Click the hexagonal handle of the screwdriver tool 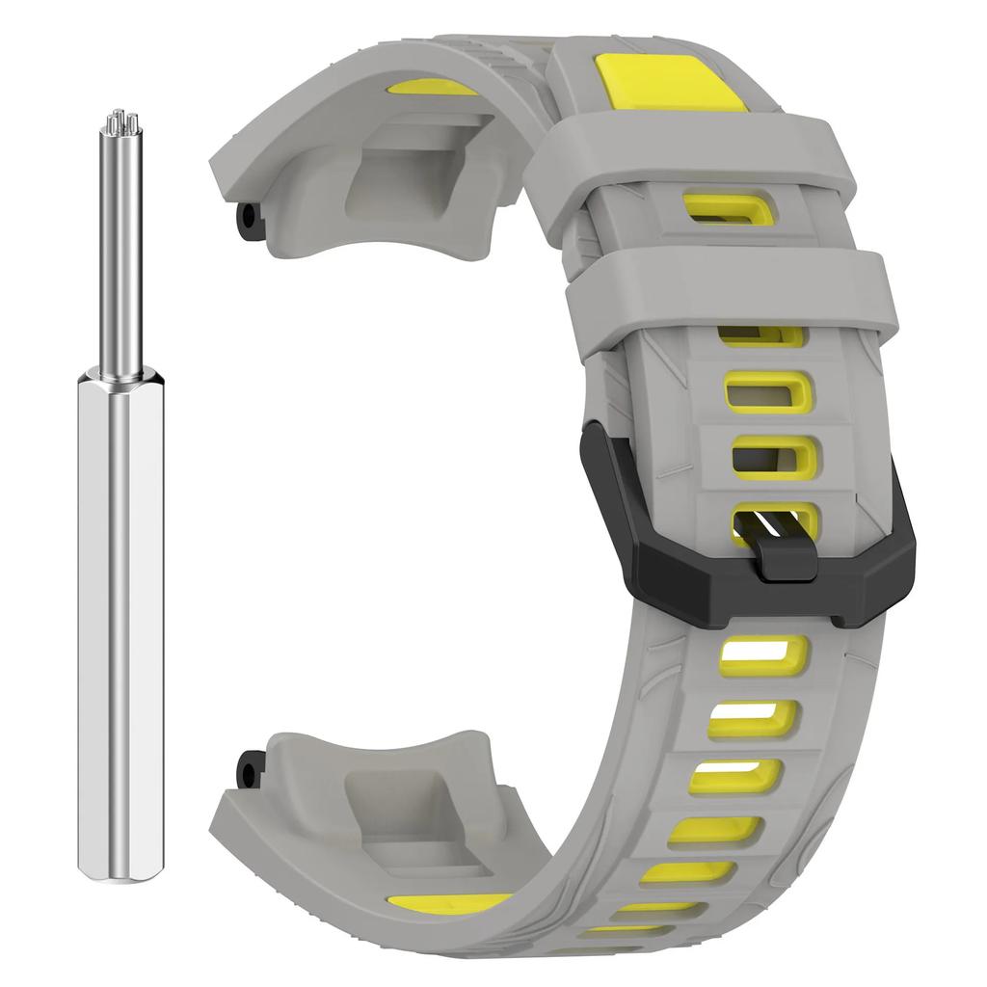pos(119,627)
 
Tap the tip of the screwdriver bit pos(120,120)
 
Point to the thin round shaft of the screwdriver pos(119,251)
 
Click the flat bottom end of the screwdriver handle pos(119,873)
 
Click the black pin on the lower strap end pos(250,767)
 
